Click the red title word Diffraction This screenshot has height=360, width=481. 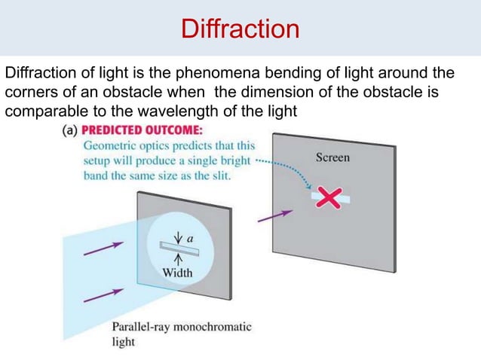coord(240,29)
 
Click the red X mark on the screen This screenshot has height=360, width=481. coord(329,197)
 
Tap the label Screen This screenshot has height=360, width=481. coord(332,157)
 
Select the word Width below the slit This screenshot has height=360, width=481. coord(177,273)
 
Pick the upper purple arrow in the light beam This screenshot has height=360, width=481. coord(103,248)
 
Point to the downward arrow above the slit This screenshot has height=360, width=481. coord(177,233)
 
